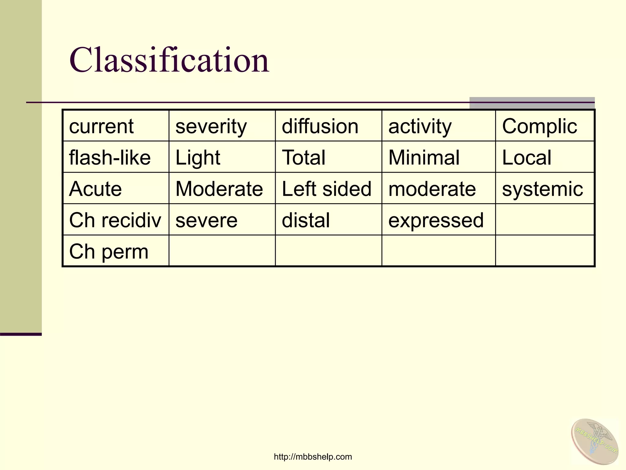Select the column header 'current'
pos(101,126)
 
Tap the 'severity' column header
pos(211,126)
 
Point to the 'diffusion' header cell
pos(320,126)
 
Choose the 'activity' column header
pos(420,126)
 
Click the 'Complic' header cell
pos(539,126)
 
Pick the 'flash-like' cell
pos(110,157)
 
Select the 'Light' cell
pos(198,157)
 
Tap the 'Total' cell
pos(304,157)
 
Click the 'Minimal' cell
pos(424,157)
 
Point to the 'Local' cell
pos(527,157)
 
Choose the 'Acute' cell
pos(95,188)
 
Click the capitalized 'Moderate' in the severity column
pos(219,188)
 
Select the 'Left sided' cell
pos(326,188)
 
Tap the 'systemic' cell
pos(543,188)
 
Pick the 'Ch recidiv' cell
pos(115,220)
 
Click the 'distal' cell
pos(306,220)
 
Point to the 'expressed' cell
pos(436,220)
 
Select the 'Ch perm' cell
pos(109,251)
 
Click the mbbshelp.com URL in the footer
pos(313,457)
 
